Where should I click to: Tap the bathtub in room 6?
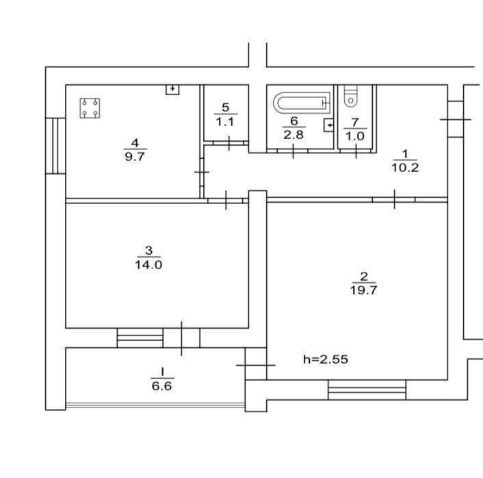[x=302, y=104]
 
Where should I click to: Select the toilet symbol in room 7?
[x=350, y=97]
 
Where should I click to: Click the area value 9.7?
[x=135, y=156]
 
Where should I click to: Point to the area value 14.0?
[x=148, y=264]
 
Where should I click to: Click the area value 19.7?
[x=364, y=290]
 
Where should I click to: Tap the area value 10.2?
[x=404, y=166]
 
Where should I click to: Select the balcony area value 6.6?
[x=162, y=386]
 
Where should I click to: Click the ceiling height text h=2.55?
[x=326, y=359]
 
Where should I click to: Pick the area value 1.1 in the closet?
[x=226, y=122]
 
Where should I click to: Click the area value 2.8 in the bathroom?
[x=293, y=134]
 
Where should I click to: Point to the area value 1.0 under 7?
[x=354, y=136]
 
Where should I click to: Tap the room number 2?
[x=364, y=276]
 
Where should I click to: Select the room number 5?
[x=226, y=108]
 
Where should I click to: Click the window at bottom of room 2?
[x=367, y=390]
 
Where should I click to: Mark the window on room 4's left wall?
[x=55, y=144]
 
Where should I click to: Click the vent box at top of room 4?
[x=172, y=89]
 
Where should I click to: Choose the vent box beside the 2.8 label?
[x=329, y=125]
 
